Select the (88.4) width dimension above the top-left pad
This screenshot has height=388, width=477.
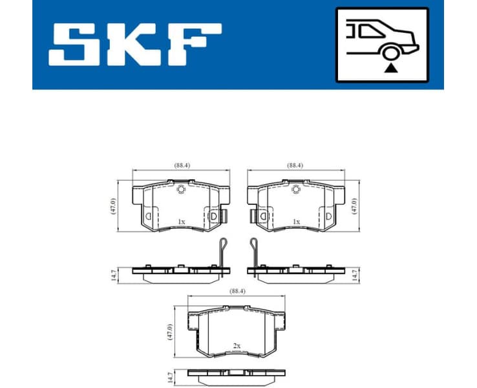(x=182, y=166)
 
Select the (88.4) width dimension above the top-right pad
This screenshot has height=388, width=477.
(x=296, y=166)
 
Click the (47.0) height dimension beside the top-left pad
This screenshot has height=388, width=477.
(x=113, y=206)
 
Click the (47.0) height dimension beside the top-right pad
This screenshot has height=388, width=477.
(x=354, y=206)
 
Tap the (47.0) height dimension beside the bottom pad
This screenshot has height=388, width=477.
(x=169, y=332)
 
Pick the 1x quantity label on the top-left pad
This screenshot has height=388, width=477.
(x=182, y=222)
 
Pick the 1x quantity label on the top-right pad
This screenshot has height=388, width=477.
(x=296, y=222)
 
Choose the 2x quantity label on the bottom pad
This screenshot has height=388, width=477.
(x=237, y=347)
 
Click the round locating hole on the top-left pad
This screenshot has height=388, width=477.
(x=182, y=189)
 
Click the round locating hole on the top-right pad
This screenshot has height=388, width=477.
(x=296, y=189)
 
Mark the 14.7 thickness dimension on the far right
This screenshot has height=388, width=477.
(x=354, y=275)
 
